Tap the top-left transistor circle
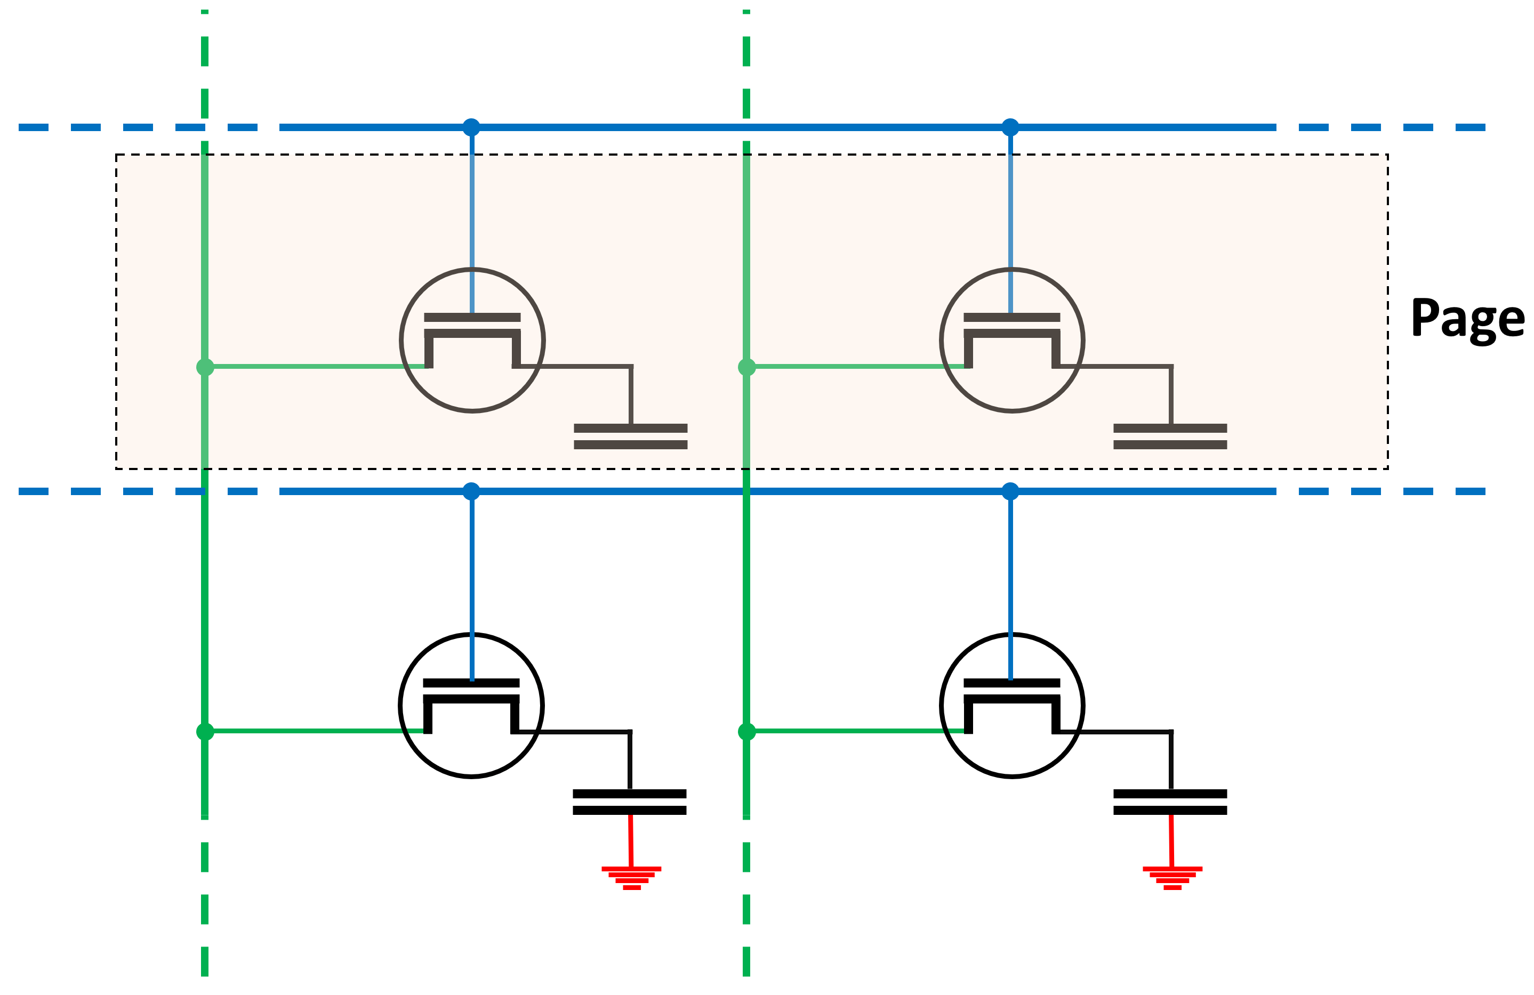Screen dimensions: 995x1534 tap(472, 340)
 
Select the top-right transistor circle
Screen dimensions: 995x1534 tap(1011, 340)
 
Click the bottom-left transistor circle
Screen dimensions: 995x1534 tap(471, 706)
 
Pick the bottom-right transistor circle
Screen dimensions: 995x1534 tap(1011, 706)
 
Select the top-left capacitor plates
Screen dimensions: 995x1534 tap(630, 436)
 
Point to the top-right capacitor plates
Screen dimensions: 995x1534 tap(1170, 436)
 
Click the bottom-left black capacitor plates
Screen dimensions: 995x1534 tap(629, 802)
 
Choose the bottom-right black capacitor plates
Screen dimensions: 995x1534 tap(1170, 802)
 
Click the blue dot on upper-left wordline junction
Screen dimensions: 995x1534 tap(471, 127)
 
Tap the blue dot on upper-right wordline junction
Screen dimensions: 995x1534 tap(1010, 127)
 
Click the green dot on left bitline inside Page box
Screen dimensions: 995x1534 tap(205, 367)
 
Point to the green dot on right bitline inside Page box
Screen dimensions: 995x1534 tap(746, 367)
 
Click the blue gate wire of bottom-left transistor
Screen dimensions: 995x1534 tap(472, 580)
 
